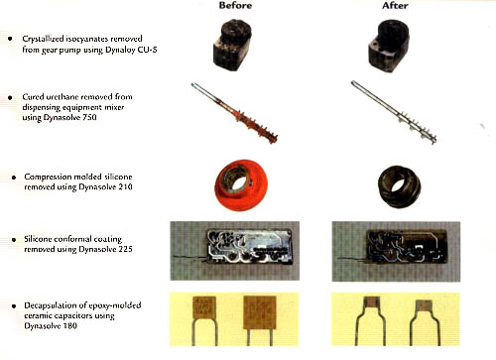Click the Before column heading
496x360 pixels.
pos(235,6)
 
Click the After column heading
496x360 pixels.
pos(395,6)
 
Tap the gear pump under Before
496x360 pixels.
pos(232,45)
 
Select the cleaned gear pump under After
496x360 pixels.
pos(389,46)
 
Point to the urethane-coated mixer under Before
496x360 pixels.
pos(234,113)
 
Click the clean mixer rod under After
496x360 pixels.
pos(394,112)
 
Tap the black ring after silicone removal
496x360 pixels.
pos(400,185)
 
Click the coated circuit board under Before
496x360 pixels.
pos(249,245)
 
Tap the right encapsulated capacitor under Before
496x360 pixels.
pos(260,320)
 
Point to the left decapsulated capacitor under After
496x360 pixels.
pos(371,320)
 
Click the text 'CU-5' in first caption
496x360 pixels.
pos(148,50)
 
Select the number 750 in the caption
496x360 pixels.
pos(89,117)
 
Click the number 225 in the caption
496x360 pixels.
pos(125,249)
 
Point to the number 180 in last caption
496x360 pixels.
pos(70,326)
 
